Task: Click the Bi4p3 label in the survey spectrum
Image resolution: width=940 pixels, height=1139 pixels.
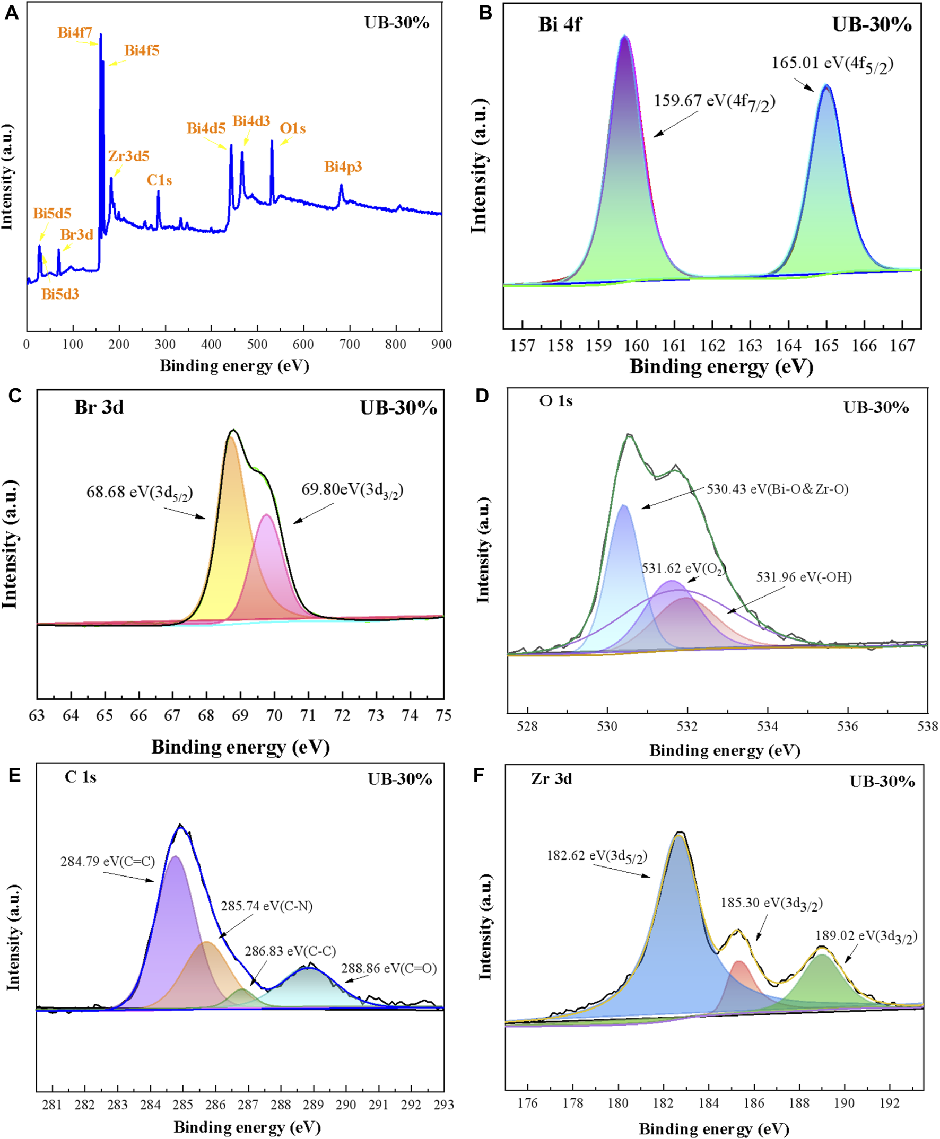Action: tap(343, 167)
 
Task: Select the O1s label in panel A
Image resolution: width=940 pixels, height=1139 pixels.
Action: tap(292, 128)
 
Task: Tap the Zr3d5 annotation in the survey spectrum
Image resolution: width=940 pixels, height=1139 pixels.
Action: tap(128, 156)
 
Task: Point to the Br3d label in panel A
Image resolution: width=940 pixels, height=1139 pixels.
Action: tap(76, 234)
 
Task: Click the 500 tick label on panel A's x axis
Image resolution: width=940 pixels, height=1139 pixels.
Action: tap(257, 344)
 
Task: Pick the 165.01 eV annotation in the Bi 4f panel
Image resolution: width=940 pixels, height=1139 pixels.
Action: tap(832, 64)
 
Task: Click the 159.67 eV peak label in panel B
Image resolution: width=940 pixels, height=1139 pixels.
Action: tap(714, 102)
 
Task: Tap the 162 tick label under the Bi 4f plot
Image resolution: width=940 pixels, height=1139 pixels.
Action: tap(712, 345)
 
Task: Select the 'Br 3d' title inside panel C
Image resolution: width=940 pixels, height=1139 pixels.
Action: tap(99, 407)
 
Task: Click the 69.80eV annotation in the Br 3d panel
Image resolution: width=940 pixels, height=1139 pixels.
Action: tap(352, 490)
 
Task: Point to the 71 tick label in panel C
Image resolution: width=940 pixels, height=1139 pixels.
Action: tap(308, 716)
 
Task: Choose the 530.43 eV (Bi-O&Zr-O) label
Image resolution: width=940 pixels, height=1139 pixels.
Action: tap(777, 489)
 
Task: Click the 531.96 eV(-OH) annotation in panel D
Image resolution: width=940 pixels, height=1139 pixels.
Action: tap(804, 577)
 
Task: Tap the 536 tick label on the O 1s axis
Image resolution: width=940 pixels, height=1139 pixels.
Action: tap(847, 726)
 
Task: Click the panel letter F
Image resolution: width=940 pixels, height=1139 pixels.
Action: tap(478, 776)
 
